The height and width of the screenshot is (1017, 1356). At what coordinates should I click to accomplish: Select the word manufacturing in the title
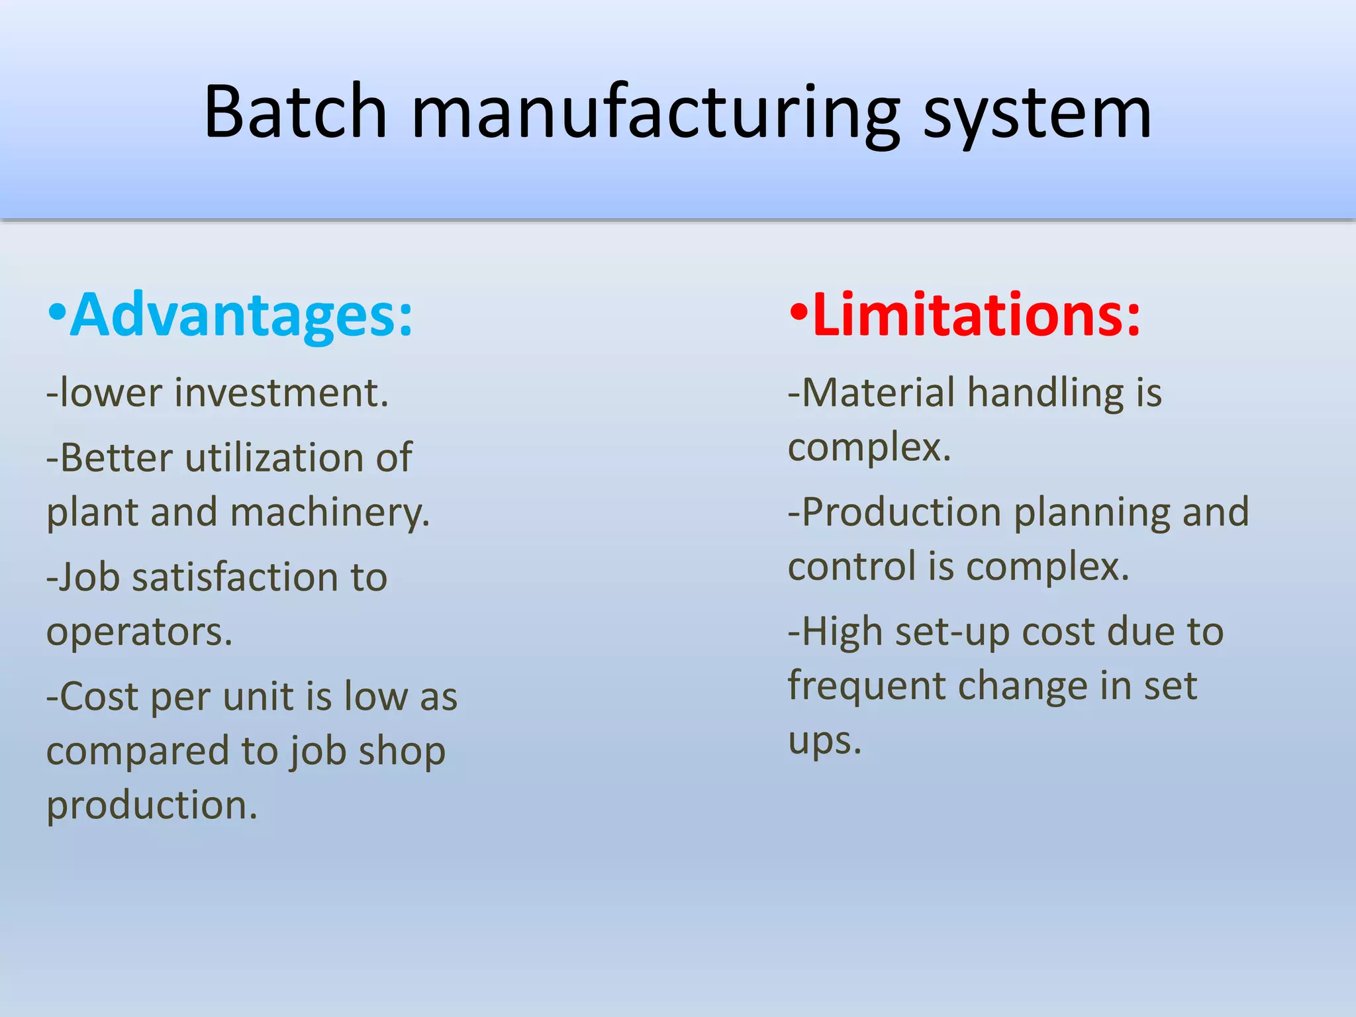pyautogui.click(x=655, y=114)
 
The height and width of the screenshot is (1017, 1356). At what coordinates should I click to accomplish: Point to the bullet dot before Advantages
pyautogui.click(x=58, y=313)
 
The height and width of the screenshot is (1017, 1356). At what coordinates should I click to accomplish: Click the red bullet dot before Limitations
pyautogui.click(x=799, y=313)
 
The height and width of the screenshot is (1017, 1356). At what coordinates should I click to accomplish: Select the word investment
pyautogui.click(x=281, y=393)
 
